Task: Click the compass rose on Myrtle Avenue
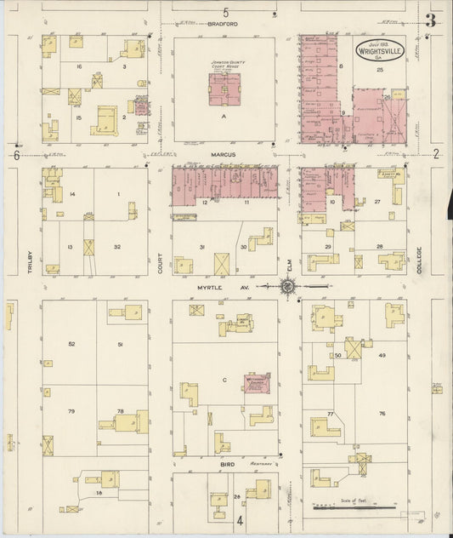tap(288, 288)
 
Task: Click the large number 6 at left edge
tap(15, 155)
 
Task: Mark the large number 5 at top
tap(226, 12)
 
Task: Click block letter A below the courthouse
tap(224, 113)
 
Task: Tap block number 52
tap(71, 344)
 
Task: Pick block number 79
tap(71, 412)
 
